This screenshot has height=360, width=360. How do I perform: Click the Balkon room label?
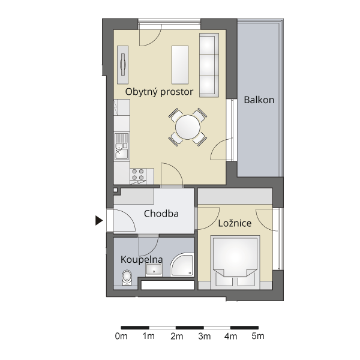pyautogui.click(x=259, y=100)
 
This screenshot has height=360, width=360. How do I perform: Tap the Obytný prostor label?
pyautogui.click(x=159, y=92)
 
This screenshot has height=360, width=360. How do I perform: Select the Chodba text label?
pyautogui.click(x=161, y=214)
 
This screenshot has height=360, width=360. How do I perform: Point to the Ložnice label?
pyautogui.click(x=235, y=223)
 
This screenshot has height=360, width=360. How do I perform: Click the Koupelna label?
pyautogui.click(x=142, y=260)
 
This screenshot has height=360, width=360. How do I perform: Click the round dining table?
pyautogui.click(x=188, y=127)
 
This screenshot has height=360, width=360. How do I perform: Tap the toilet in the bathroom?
pyautogui.click(x=127, y=277)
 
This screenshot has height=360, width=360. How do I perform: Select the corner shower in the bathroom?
pyautogui.click(x=182, y=265)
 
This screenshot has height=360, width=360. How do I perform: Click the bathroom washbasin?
pyautogui.click(x=154, y=270)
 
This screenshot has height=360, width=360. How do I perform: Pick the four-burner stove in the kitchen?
pyautogui.click(x=138, y=175)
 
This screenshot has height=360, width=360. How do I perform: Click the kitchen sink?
pyautogui.click(x=122, y=146)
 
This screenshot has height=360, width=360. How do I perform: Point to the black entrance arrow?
pyautogui.click(x=99, y=220)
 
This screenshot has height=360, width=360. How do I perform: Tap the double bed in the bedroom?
pyautogui.click(x=235, y=262)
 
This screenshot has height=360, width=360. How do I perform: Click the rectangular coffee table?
pyautogui.click(x=180, y=65)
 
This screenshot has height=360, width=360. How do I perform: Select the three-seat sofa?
pyautogui.click(x=209, y=65)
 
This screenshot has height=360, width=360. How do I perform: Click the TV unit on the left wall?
pyautogui.click(x=123, y=65)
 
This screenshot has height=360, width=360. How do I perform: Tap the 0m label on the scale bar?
pyautogui.click(x=121, y=337)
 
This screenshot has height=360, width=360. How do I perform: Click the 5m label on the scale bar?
pyautogui.click(x=258, y=337)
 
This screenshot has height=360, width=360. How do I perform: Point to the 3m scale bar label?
pyautogui.click(x=205, y=337)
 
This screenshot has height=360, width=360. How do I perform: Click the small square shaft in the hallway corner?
pyautogui.click(x=115, y=190)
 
